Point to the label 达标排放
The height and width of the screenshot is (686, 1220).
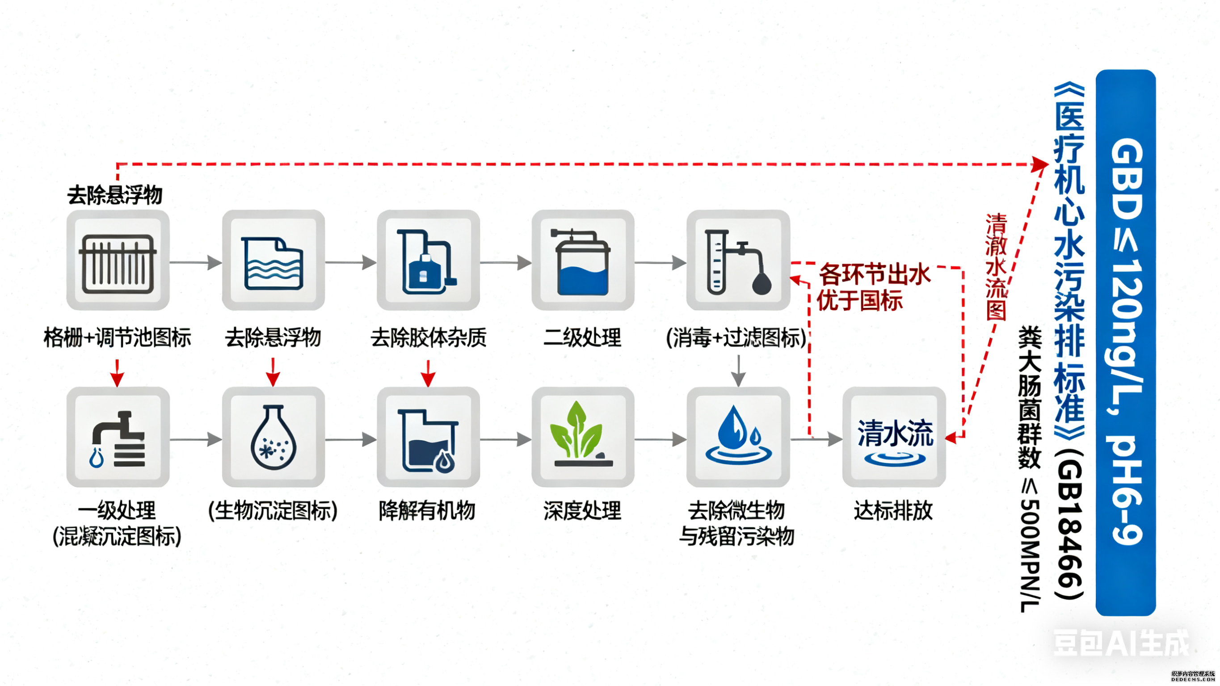[893, 511]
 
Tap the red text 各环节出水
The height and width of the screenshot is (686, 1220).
[874, 275]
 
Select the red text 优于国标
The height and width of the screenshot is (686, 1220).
[860, 301]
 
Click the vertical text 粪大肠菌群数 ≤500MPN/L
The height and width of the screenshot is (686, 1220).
[1030, 469]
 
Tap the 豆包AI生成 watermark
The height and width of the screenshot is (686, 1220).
[1120, 644]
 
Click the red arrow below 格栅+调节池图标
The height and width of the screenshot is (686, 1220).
[117, 373]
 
